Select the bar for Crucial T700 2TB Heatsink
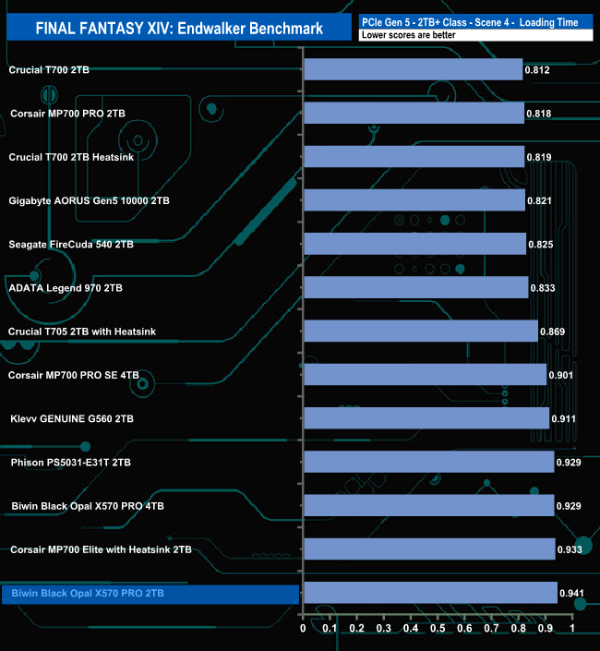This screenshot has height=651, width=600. (x=414, y=156)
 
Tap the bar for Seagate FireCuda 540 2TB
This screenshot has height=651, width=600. (x=414, y=244)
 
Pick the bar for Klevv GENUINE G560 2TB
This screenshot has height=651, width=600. (x=426, y=418)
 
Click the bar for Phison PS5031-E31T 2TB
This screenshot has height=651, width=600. (x=428, y=462)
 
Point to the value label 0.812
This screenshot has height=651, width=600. (x=538, y=69)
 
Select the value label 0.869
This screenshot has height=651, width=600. (x=553, y=332)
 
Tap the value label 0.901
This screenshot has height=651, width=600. (x=561, y=375)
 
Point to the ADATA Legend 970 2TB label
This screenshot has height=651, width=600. (x=65, y=288)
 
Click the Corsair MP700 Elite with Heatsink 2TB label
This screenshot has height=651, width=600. (x=101, y=549)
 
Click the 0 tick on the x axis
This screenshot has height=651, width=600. (x=303, y=629)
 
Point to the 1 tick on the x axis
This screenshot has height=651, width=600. (x=572, y=629)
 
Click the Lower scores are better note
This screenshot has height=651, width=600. (x=402, y=35)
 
